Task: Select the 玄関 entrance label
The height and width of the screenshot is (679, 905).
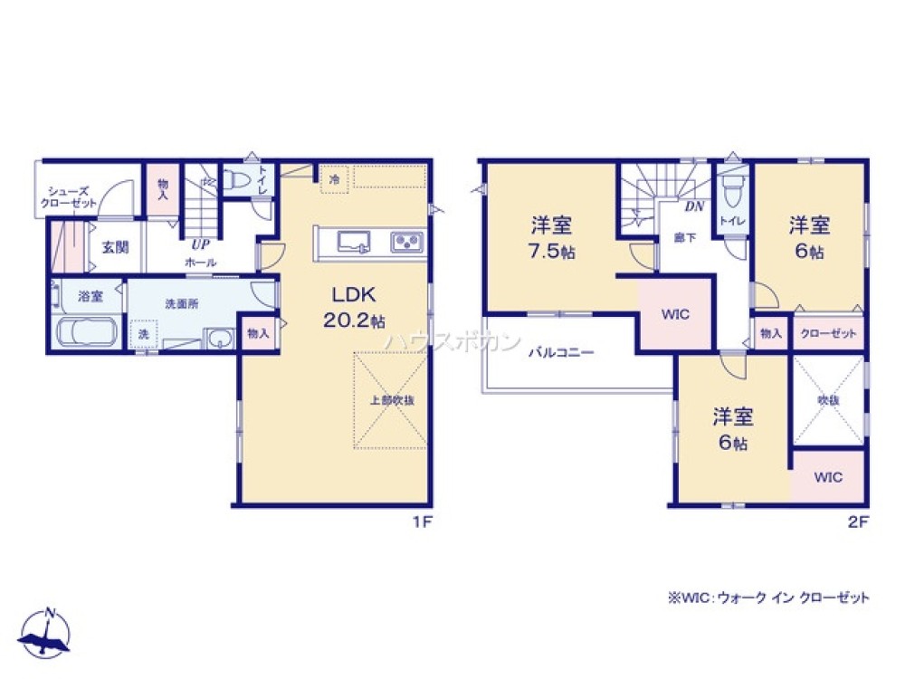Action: (x=114, y=246)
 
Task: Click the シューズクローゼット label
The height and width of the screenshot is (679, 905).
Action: (x=68, y=196)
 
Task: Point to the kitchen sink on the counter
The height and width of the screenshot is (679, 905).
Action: (x=351, y=242)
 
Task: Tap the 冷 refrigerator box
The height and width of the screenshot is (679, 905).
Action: (x=334, y=180)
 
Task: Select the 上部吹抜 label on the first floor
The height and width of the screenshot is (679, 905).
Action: (x=391, y=401)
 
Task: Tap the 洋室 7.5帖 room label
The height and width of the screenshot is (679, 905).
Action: (x=550, y=237)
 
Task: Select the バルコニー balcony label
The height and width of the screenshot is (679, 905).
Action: (x=561, y=353)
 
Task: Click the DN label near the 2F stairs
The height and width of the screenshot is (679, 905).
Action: (x=694, y=206)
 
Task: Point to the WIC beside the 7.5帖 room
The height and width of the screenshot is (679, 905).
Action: (x=675, y=314)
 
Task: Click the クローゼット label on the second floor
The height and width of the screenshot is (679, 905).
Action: (x=828, y=334)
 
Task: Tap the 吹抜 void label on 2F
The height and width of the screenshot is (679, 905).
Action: (x=827, y=399)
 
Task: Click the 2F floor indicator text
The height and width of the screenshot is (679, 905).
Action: (x=858, y=521)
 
